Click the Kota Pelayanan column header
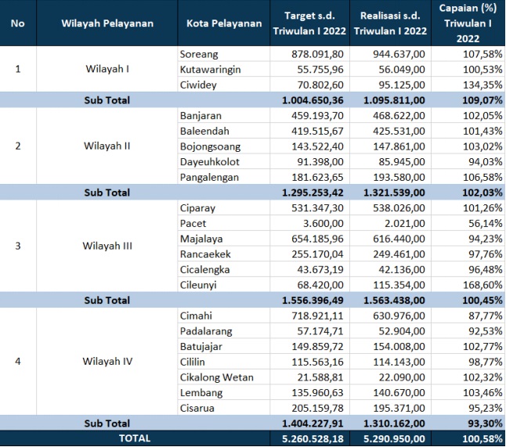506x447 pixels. pyautogui.click(x=224, y=23)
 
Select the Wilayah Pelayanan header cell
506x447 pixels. pyautogui.click(x=107, y=23)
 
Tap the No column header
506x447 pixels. pyautogui.click(x=18, y=23)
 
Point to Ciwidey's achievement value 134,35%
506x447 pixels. pyautogui.click(x=483, y=85)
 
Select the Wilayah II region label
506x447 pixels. pyautogui.click(x=107, y=146)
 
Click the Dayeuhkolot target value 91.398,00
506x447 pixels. pyautogui.click(x=320, y=161)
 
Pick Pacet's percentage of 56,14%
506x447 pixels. pyautogui.click(x=486, y=223)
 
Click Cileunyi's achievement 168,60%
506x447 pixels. pyautogui.click(x=483, y=285)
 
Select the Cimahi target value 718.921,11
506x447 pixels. pyautogui.click(x=317, y=315)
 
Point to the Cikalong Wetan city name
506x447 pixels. pyautogui.click(x=217, y=377)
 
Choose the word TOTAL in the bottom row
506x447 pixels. pyautogui.click(x=135, y=438)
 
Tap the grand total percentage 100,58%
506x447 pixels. pyautogui.click(x=483, y=438)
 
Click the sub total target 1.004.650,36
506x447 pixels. pyautogui.click(x=313, y=100)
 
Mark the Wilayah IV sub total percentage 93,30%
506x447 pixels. pyautogui.click(x=486, y=424)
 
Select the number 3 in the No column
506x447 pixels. pyautogui.click(x=18, y=246)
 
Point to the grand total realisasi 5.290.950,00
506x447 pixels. pyautogui.click(x=394, y=438)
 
